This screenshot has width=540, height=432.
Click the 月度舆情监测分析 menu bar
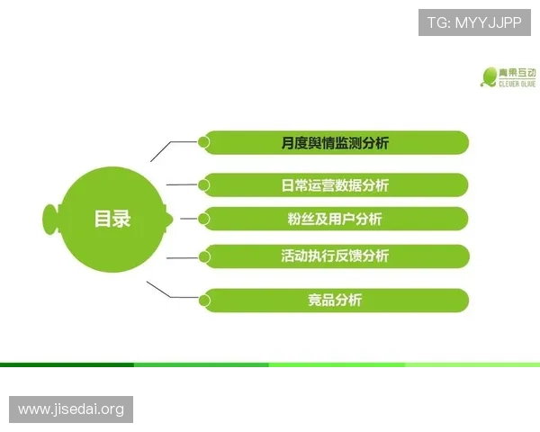point(335,142)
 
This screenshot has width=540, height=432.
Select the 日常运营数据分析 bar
point(335,185)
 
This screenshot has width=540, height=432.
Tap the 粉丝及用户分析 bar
point(335,219)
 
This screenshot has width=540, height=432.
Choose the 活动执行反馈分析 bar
point(335,256)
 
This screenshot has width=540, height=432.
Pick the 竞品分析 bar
point(335,300)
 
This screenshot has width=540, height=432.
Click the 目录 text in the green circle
point(112,219)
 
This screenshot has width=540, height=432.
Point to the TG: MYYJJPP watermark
point(474,21)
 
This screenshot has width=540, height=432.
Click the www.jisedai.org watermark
point(71,409)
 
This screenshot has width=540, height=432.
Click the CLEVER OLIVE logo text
point(518,84)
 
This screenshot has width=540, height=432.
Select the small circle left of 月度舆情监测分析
point(204,141)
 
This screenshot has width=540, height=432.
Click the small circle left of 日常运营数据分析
point(204,184)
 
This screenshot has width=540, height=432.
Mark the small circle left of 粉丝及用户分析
point(204,218)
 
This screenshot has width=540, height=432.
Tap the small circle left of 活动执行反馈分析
point(204,256)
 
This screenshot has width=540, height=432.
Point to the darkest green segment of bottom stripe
point(67,364)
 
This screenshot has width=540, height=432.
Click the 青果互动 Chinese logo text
point(518,72)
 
